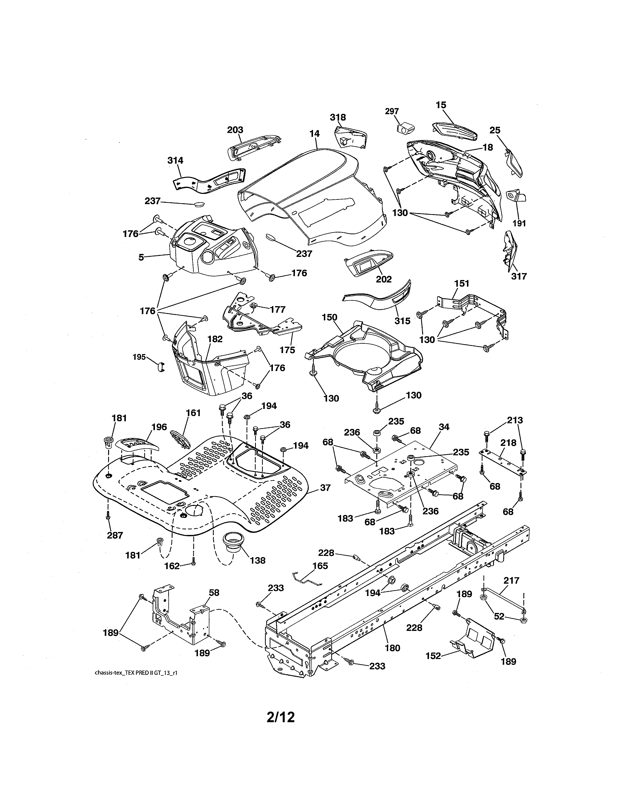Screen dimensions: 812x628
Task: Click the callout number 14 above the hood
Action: click(314, 133)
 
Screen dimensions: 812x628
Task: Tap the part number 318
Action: click(338, 117)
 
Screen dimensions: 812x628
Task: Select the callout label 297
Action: click(392, 111)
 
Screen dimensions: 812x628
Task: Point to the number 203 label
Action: click(235, 130)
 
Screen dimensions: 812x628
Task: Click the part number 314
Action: click(175, 161)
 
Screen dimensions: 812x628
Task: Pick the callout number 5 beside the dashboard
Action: click(141, 257)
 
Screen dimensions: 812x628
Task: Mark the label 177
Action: click(278, 309)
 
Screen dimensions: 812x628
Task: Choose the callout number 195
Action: click(139, 357)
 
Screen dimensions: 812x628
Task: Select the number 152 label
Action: click(433, 656)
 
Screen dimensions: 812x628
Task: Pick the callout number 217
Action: click(512, 580)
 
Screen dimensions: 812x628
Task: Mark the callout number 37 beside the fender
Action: click(325, 487)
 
